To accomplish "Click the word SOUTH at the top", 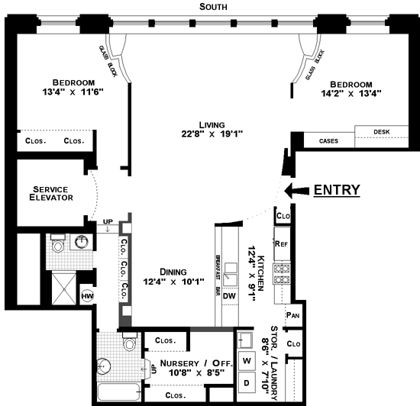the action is [x=213, y=7].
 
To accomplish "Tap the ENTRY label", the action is [x=337, y=190].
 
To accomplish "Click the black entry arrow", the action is [x=296, y=191].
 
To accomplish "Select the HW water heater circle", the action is [x=87, y=296].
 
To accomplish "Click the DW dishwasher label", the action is [x=229, y=296].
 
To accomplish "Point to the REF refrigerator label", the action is [x=282, y=243].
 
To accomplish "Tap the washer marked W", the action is [x=247, y=361].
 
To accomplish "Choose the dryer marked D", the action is [x=247, y=382].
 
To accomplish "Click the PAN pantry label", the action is [x=292, y=315].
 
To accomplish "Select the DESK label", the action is [x=382, y=132].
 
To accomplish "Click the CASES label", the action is [x=328, y=141].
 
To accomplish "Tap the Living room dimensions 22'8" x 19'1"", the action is [x=212, y=134].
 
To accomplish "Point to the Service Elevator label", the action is [x=51, y=193].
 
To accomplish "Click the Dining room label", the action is [x=173, y=272].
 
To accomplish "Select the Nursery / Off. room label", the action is [x=195, y=363].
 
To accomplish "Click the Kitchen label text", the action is [x=260, y=273].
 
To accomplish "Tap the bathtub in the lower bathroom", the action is [x=118, y=391].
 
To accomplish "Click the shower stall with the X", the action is [x=63, y=289].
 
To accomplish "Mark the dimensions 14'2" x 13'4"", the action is [x=351, y=93].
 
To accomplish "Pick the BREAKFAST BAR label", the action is [x=218, y=275].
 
